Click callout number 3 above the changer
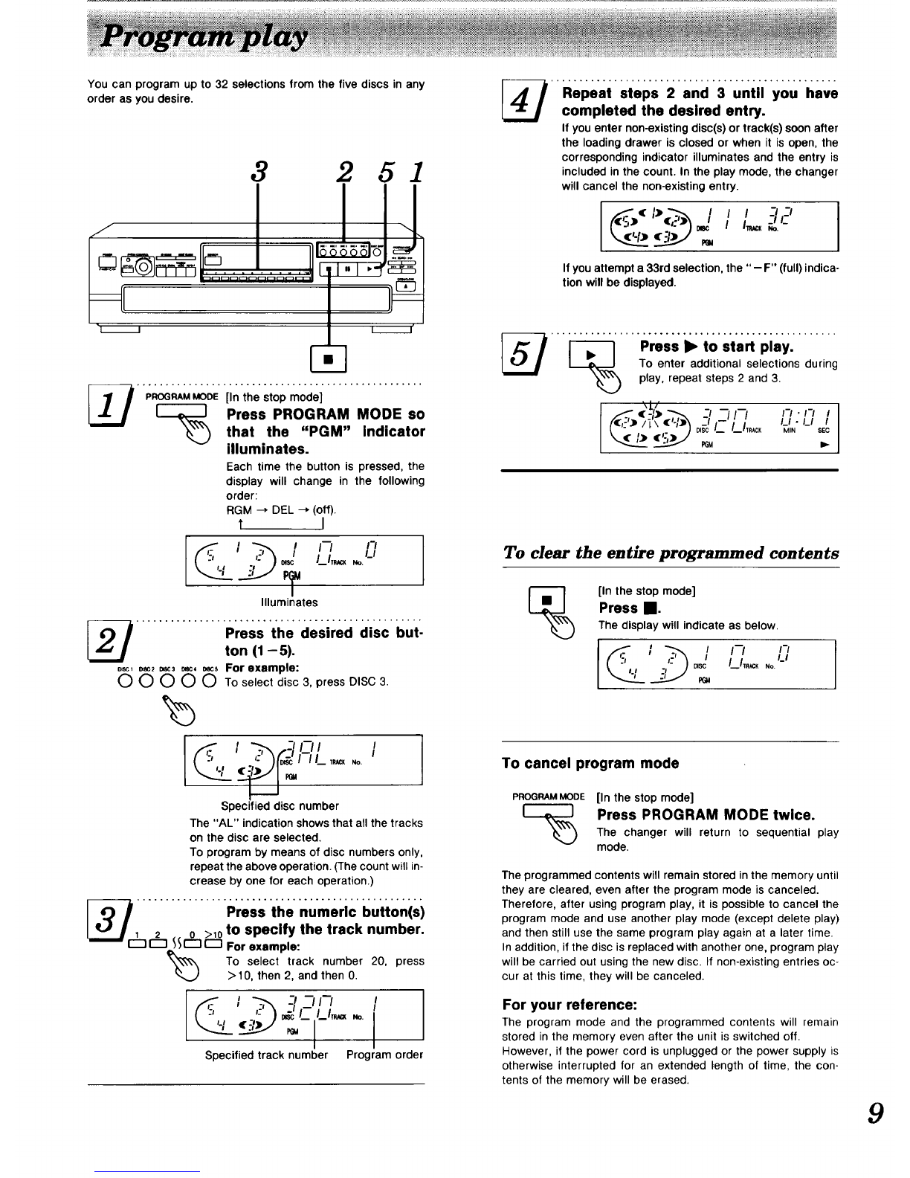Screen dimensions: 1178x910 pos(258,173)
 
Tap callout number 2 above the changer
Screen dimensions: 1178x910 pos(343,173)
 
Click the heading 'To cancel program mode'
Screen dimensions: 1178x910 pos(590,763)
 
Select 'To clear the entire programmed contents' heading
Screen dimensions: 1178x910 pos(671,553)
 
